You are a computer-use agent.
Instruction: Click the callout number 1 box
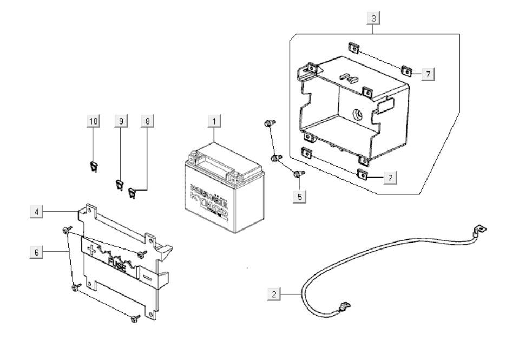click(x=215, y=121)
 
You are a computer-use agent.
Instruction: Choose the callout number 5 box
click(x=299, y=195)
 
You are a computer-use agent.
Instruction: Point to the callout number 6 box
click(x=36, y=252)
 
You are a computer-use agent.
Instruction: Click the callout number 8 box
click(x=147, y=121)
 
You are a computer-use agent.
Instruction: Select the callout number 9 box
click(x=121, y=121)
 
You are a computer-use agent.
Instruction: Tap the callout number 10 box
click(x=94, y=121)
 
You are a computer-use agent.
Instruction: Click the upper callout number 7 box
click(x=428, y=74)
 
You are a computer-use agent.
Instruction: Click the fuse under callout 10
click(x=93, y=166)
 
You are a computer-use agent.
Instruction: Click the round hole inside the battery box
click(x=357, y=115)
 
